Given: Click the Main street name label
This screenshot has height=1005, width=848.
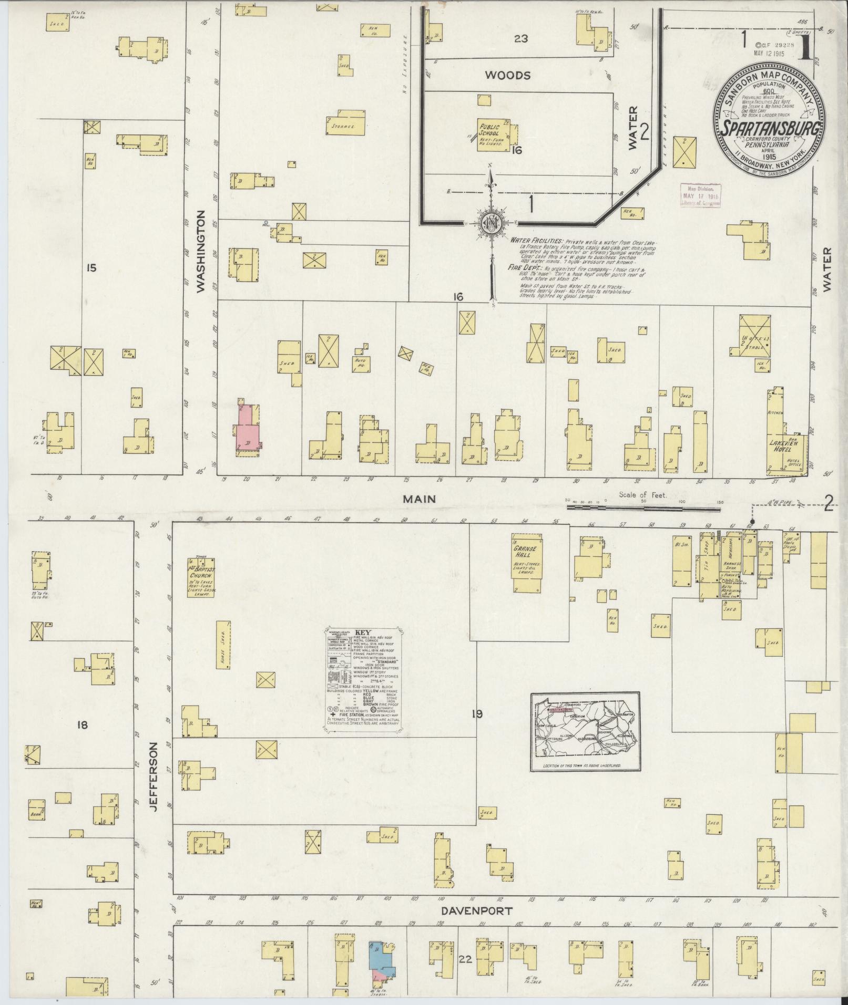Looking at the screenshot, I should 419,499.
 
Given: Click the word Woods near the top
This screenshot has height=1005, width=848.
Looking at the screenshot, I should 507,76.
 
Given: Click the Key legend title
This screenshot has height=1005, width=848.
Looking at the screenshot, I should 363,633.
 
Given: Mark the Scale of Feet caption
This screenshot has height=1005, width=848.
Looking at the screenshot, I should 642,495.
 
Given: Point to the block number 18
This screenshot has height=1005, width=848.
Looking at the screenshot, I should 82,726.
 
